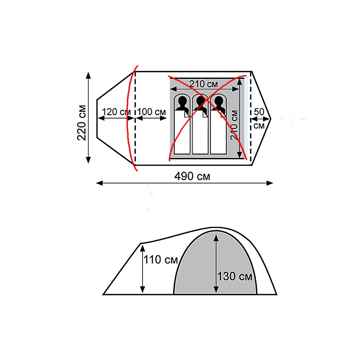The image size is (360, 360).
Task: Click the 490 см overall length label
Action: click(x=192, y=176)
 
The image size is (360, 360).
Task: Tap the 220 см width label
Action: click(x=82, y=123)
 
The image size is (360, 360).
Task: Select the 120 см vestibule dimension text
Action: click(x=116, y=112)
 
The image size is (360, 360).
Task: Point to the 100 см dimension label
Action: click(x=151, y=112)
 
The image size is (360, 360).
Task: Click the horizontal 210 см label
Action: click(x=203, y=84)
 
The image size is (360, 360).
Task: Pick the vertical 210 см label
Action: click(x=234, y=125)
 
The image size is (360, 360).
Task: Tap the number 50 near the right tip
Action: click(x=259, y=112)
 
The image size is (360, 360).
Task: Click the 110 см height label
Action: click(x=161, y=260)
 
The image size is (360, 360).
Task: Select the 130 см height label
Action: click(x=234, y=276)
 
